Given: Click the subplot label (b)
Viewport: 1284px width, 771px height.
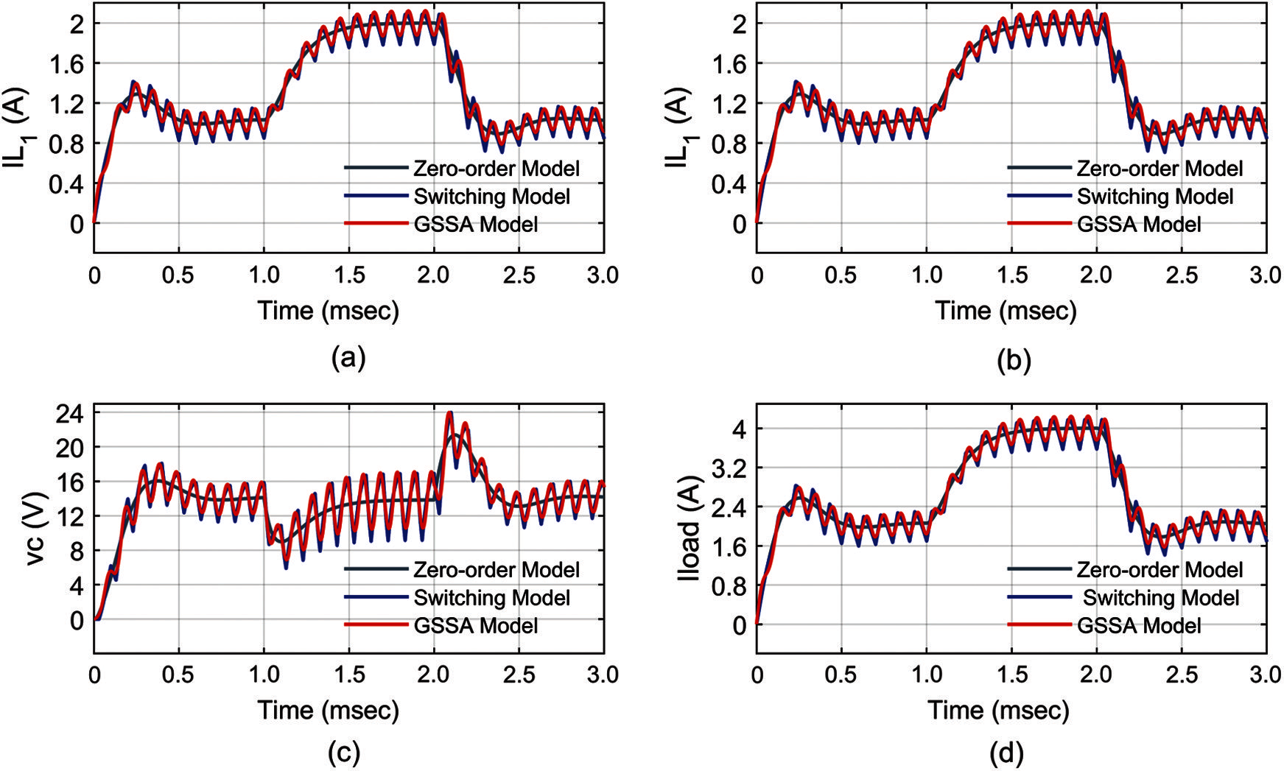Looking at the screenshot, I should click(1014, 359).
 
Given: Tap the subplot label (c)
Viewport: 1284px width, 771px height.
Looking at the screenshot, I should click(343, 753).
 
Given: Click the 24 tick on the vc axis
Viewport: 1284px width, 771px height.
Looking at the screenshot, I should click(71, 412).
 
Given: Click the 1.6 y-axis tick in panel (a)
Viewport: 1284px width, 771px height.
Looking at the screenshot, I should click(66, 63).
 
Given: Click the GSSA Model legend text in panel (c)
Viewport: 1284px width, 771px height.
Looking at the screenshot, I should click(476, 626).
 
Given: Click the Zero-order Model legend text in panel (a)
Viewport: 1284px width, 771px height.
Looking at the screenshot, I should click(497, 169).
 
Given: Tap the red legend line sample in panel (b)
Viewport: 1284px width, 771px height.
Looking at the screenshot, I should click(1039, 223).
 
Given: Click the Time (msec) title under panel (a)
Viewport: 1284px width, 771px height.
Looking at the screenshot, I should click(329, 310).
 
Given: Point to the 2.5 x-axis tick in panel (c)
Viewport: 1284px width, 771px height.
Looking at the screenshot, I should click(519, 675).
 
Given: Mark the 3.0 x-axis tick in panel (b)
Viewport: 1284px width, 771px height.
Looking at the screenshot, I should click(1266, 275).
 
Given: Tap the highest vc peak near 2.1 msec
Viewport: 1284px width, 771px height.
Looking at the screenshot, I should click(449, 414).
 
